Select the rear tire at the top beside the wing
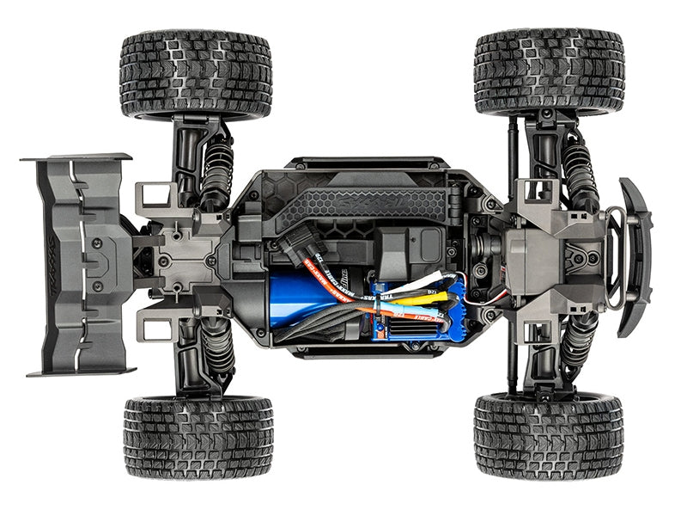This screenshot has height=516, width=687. [196, 75]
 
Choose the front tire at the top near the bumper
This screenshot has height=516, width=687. [549, 73]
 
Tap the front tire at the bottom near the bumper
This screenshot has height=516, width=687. [548, 436]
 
